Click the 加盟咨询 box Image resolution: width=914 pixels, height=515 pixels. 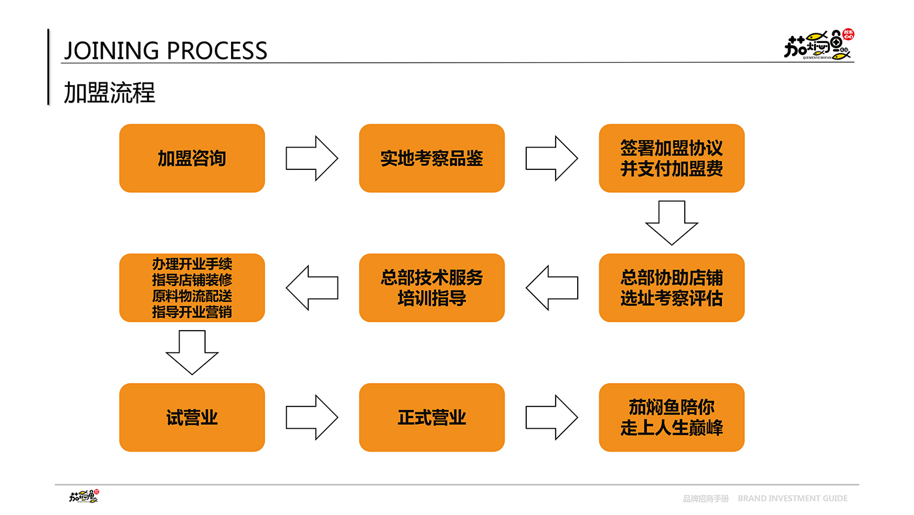[192, 158]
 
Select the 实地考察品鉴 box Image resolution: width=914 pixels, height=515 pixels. [432, 158]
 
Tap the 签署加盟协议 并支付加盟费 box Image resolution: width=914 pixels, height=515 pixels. [672, 158]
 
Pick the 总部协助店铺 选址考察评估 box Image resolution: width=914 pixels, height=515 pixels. [672, 288]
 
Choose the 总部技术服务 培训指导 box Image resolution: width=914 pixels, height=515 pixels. [432, 288]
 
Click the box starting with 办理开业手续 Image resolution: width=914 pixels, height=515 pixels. [192, 288]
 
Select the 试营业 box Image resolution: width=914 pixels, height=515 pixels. [192, 417]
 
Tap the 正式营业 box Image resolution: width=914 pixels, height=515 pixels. [432, 417]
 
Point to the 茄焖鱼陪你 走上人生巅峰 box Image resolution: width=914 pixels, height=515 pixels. [672, 417]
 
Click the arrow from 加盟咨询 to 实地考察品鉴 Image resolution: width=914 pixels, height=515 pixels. [312, 158]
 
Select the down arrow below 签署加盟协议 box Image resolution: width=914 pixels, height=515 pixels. [672, 223]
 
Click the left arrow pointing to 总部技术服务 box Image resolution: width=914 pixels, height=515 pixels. [552, 288]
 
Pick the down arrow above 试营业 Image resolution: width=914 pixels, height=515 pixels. [192, 352]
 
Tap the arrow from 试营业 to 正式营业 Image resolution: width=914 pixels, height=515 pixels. [312, 417]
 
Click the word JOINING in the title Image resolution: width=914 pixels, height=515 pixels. [112, 50]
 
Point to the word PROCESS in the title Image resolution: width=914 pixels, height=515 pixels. [217, 50]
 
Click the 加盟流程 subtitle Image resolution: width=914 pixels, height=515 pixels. [110, 92]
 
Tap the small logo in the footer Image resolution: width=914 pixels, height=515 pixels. [84, 496]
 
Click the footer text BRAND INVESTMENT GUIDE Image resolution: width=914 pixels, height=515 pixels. [793, 498]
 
